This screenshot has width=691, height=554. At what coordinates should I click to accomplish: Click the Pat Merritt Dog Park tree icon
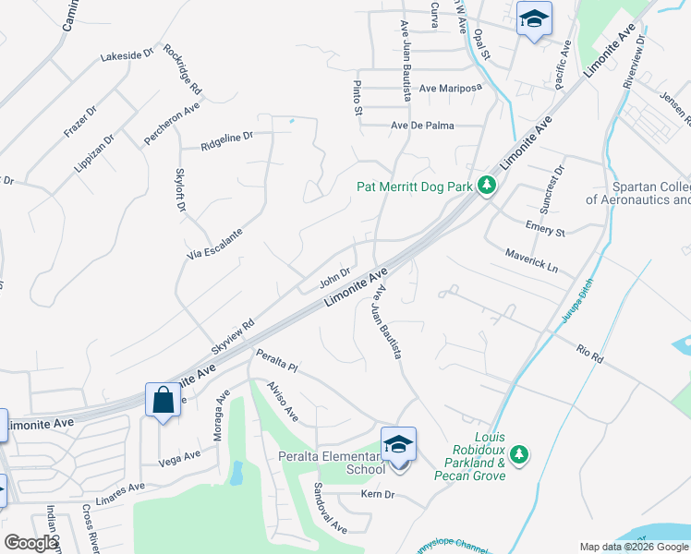tap(488, 187)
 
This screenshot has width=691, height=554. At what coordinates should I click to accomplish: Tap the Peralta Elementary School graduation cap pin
tap(398, 445)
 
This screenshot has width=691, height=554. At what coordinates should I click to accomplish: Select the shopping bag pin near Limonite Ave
tap(163, 401)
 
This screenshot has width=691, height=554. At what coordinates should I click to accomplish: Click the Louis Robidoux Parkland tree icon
tap(519, 453)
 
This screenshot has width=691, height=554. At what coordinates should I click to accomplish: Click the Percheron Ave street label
tap(172, 124)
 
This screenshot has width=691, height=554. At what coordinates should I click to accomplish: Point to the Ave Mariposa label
tap(451, 89)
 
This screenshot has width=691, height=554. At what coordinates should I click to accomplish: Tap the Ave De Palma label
tap(424, 126)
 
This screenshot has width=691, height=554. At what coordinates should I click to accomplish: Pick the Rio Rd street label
tap(588, 354)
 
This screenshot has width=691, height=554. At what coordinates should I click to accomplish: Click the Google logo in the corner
tap(30, 543)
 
